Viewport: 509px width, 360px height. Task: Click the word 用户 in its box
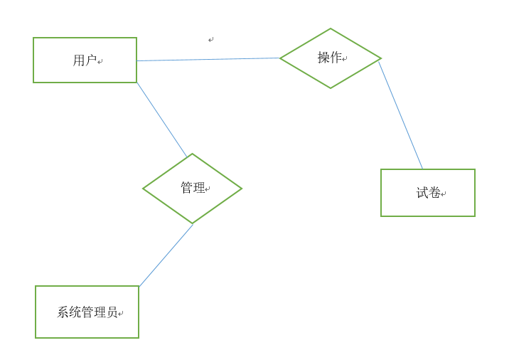click(85, 60)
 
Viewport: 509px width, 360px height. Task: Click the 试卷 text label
click(429, 193)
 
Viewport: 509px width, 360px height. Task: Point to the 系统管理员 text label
click(87, 312)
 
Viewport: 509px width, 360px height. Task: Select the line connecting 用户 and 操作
click(208, 60)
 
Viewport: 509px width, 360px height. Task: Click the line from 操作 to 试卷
click(400, 115)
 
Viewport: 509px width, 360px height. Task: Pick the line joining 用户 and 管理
click(161, 120)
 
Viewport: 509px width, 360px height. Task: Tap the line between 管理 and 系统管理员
click(166, 256)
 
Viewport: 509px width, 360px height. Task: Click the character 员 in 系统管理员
click(112, 312)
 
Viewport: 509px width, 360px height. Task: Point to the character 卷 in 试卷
click(434, 193)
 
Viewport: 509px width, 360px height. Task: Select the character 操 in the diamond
click(323, 58)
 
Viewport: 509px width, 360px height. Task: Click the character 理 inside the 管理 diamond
click(198, 188)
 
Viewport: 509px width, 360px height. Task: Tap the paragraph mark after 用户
click(100, 62)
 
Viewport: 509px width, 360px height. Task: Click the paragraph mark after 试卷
click(444, 194)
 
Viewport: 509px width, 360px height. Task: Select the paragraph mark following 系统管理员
click(121, 314)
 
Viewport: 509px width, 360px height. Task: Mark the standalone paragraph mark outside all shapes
click(211, 40)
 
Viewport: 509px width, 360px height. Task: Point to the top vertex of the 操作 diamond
click(331, 29)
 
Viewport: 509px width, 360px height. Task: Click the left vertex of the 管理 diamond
click(144, 189)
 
